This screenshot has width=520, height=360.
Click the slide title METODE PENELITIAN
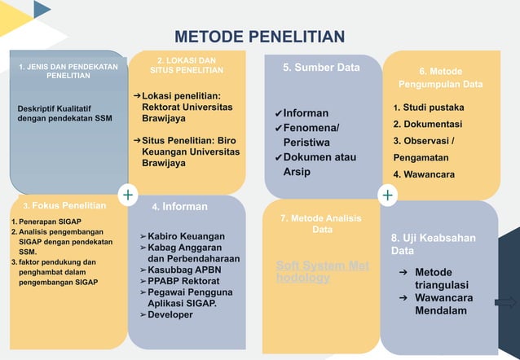pos(260,37)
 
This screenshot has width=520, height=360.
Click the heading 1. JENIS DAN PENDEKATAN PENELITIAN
pos(68,71)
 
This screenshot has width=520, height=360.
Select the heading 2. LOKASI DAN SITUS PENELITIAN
pos(187,66)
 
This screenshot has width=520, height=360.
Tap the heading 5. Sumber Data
pos(321,68)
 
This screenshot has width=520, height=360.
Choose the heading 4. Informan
pos(179,207)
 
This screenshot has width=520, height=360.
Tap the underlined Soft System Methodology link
pos(322,272)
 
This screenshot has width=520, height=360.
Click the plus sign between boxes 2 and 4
pos(128,195)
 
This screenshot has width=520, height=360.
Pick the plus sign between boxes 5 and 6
pos(387,195)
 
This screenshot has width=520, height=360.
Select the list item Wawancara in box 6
pos(423,174)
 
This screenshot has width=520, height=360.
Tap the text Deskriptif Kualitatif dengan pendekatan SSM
pos(64,113)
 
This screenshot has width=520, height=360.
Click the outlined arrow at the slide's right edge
pos(505,303)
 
